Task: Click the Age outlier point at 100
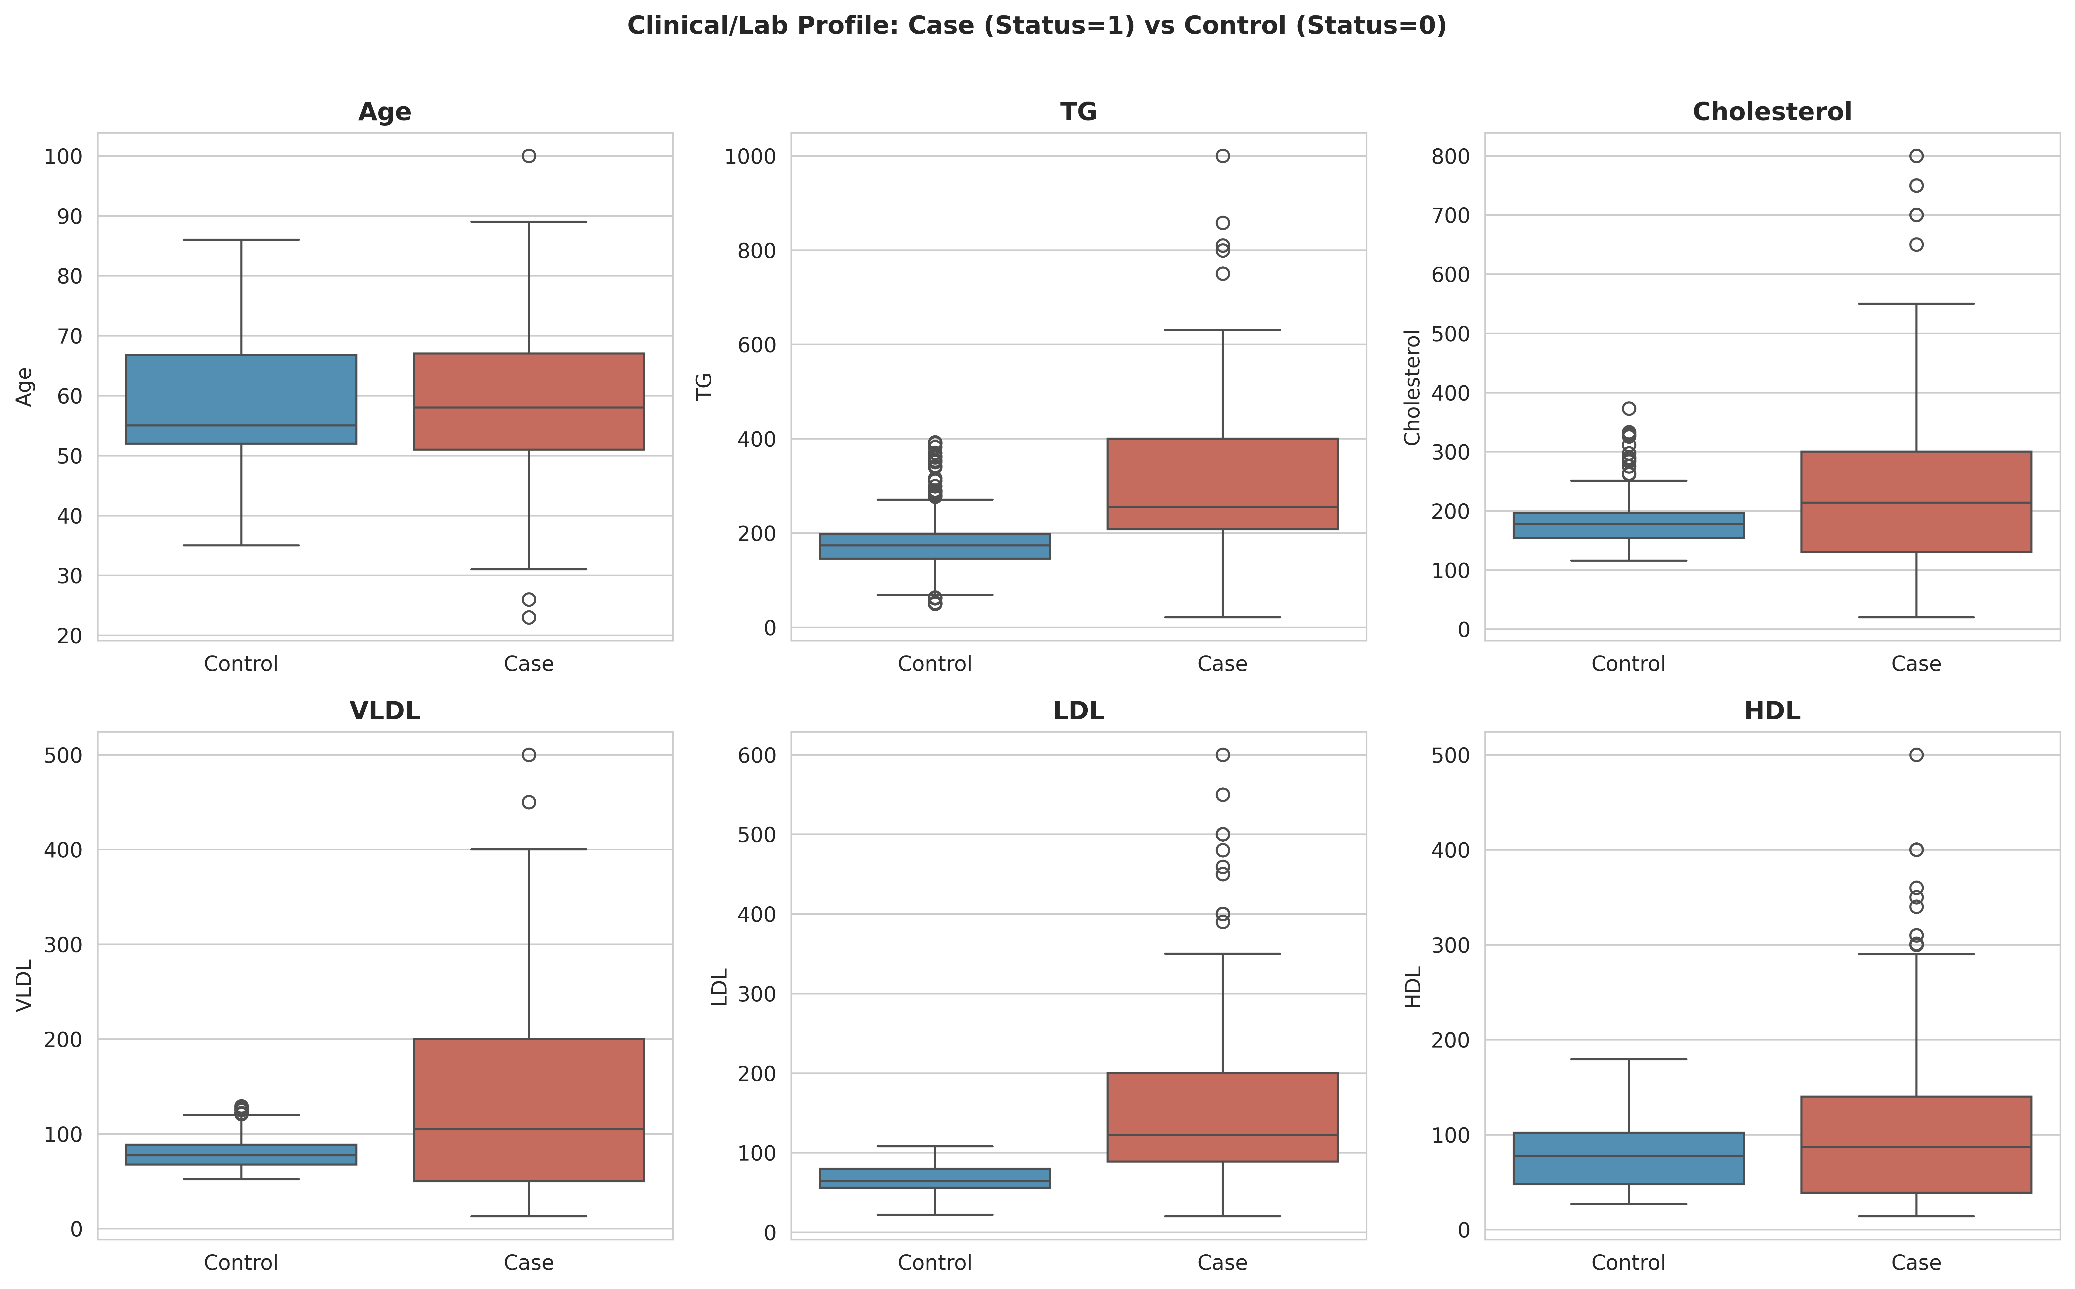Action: [x=528, y=156]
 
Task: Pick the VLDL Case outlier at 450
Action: [x=528, y=802]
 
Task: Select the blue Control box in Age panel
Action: [x=241, y=399]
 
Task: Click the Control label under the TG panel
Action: [x=935, y=664]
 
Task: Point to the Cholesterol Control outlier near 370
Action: [x=1628, y=408]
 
